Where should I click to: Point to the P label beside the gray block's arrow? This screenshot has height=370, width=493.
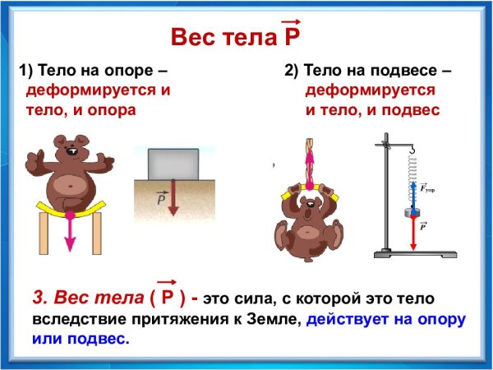click(161, 197)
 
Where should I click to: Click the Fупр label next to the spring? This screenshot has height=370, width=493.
click(427, 189)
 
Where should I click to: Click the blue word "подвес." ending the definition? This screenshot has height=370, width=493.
click(99, 338)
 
